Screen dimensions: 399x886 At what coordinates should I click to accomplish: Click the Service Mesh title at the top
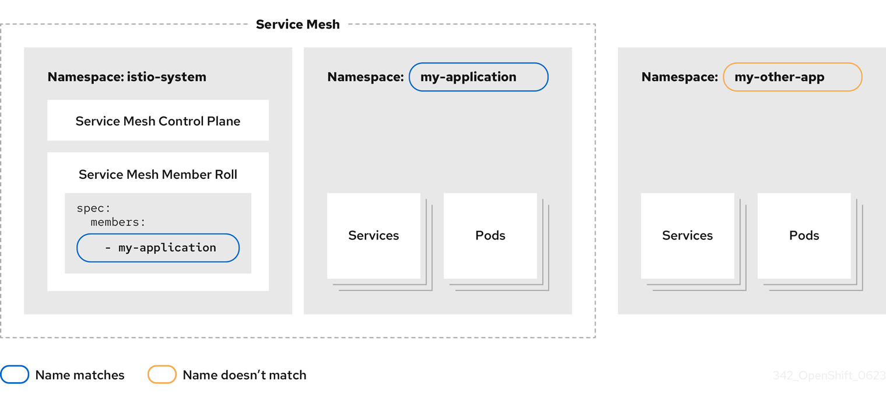[x=297, y=24]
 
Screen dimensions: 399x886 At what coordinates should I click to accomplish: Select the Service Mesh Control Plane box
[x=158, y=121]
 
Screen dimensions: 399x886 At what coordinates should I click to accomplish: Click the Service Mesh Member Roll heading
[x=158, y=174]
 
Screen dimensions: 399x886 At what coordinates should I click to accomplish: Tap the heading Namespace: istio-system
[x=126, y=77]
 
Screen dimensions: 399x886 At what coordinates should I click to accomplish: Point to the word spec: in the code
[x=93, y=208]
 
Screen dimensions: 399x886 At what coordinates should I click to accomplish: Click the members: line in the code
[x=118, y=222]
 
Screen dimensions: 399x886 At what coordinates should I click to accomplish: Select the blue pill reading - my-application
[x=158, y=248]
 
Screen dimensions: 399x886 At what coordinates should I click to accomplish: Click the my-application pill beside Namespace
[x=478, y=77]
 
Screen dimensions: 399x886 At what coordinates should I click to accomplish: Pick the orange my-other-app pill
[x=792, y=77]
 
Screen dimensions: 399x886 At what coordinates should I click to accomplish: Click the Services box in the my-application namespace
[x=374, y=235]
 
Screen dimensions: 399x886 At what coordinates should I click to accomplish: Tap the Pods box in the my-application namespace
[x=490, y=235]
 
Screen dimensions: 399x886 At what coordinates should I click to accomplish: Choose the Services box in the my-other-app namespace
[x=687, y=235]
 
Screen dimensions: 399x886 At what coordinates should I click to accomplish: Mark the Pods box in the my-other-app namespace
[x=804, y=235]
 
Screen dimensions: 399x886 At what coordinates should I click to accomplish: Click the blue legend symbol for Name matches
[x=15, y=375]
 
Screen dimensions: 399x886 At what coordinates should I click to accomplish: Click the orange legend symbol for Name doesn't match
[x=162, y=375]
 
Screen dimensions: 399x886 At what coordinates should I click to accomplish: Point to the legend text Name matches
[x=80, y=375]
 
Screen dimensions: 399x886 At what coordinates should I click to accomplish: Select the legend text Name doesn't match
[x=244, y=375]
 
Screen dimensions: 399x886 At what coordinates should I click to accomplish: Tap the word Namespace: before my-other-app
[x=680, y=77]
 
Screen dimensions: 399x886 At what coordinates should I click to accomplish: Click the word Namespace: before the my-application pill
[x=365, y=77]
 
